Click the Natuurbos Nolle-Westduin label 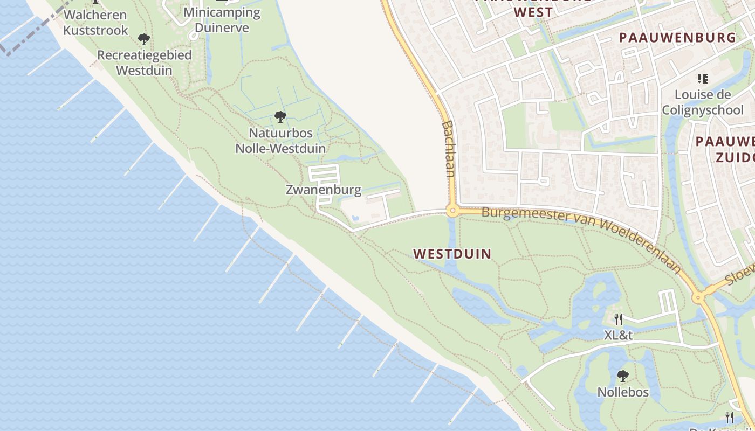click(280, 141)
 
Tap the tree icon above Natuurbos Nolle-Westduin click(280, 116)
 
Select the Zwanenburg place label click(323, 190)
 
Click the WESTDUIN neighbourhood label click(452, 254)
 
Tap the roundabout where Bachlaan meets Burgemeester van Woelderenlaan click(452, 211)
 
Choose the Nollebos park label click(623, 392)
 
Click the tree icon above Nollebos click(623, 375)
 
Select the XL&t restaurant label click(618, 335)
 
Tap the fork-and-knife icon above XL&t click(618, 319)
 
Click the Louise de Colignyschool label click(703, 102)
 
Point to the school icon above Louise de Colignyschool click(702, 79)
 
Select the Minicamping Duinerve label click(222, 19)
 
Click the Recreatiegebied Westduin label click(145, 62)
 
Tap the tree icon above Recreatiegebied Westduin click(143, 39)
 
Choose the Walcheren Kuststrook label click(95, 23)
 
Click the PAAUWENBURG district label click(677, 38)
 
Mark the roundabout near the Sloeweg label click(698, 297)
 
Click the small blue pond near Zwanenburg click(355, 218)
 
